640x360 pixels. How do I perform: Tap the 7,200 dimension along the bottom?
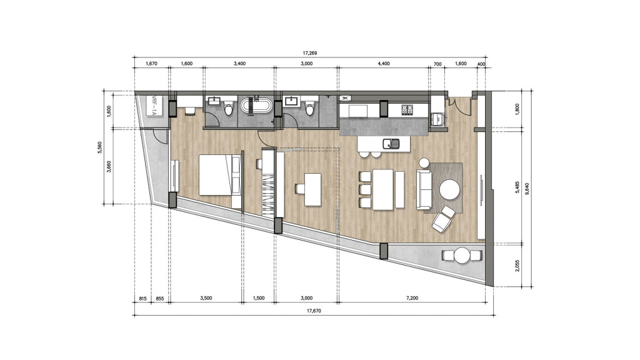(x=411, y=299)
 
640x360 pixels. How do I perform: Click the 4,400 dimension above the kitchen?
(x=384, y=64)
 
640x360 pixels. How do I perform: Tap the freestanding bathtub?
(x=256, y=106)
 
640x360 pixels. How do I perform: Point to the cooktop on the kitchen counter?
(x=407, y=109)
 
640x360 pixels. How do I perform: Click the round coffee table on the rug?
(x=449, y=189)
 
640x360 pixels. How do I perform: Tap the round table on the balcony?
(x=462, y=256)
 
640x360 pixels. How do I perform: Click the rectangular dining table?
(x=383, y=189)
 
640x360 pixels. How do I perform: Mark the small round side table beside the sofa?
(x=424, y=163)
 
